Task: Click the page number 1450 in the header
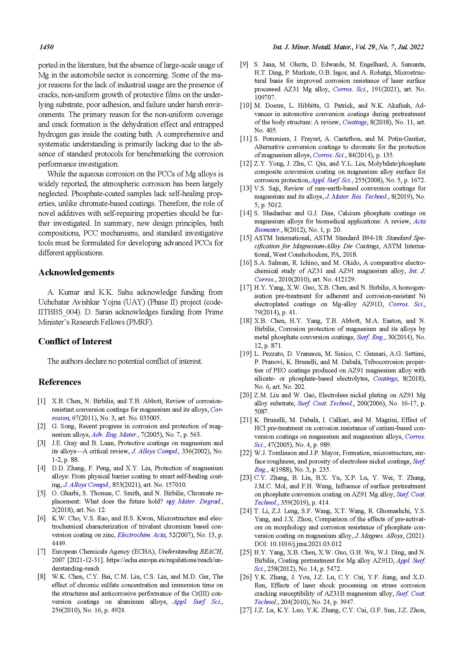46,47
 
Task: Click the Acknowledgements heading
76,272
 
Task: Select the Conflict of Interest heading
75,341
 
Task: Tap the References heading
60,382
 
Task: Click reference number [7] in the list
42,551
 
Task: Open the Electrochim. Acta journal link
141,535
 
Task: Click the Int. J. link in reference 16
417,271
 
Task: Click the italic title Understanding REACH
190,551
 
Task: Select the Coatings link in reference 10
355,122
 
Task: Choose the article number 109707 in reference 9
265,97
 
